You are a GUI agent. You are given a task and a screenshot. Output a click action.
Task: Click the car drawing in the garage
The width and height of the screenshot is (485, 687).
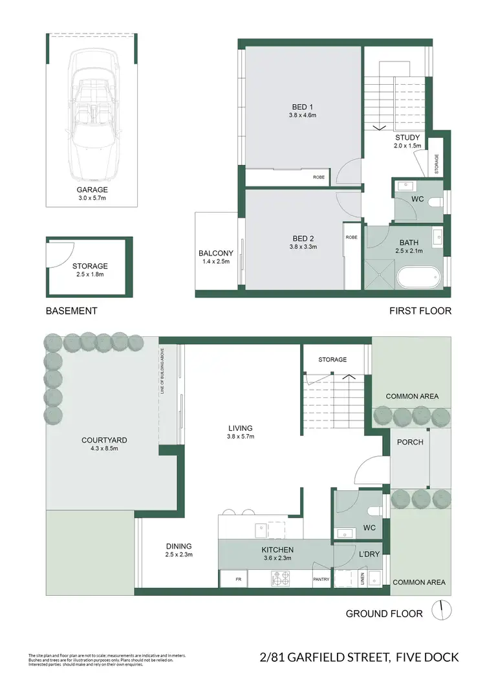pyautogui.click(x=91, y=116)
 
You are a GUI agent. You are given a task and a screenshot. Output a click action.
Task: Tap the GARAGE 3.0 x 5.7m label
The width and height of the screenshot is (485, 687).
pyautogui.click(x=91, y=194)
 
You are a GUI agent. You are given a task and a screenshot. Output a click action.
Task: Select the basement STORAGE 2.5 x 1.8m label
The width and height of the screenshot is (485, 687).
pyautogui.click(x=90, y=270)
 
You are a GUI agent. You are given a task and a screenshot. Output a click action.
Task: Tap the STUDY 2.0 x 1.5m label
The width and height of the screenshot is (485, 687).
pyautogui.click(x=407, y=142)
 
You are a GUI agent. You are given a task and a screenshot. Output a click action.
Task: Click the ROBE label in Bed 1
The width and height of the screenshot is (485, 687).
pyautogui.click(x=319, y=177)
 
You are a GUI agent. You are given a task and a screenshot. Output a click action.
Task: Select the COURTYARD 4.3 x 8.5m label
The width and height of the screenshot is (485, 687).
pyautogui.click(x=104, y=444)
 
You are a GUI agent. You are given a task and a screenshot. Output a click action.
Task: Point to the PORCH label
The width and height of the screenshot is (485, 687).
pyautogui.click(x=411, y=442)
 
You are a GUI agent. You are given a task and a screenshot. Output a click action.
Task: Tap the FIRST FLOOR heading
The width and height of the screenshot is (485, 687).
pyautogui.click(x=420, y=311)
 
